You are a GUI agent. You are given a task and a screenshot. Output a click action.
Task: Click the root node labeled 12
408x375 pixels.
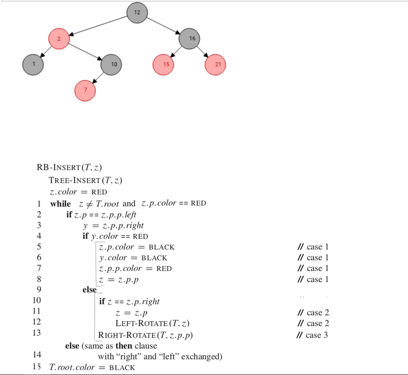(137, 12)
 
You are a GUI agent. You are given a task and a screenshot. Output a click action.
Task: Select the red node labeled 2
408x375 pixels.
(59, 39)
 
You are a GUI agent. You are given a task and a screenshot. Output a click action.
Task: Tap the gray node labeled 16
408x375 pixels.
(189, 39)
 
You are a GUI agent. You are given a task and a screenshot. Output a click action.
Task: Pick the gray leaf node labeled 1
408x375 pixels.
(33, 64)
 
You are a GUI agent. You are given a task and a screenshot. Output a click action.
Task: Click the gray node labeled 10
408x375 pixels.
(111, 64)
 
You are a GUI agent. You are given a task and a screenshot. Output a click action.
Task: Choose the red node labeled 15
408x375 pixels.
(163, 64)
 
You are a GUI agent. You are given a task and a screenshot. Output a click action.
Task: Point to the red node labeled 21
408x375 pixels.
(215, 64)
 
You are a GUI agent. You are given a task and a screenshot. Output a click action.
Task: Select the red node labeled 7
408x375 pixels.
(85, 91)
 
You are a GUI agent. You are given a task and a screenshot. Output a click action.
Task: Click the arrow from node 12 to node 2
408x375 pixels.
(98, 25)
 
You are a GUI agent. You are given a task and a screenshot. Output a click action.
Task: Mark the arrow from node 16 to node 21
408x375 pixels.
(202, 52)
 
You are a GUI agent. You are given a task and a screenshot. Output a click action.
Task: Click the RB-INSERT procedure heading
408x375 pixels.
(72, 167)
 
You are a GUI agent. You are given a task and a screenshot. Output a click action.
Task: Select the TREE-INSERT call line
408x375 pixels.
(85, 180)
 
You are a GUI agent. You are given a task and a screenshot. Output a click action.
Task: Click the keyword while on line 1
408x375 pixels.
(61, 203)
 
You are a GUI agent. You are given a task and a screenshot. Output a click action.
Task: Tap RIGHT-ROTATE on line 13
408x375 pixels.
(145, 335)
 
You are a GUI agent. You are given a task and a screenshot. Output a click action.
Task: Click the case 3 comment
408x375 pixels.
(313, 335)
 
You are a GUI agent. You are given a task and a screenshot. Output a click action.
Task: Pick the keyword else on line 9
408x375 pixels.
(89, 290)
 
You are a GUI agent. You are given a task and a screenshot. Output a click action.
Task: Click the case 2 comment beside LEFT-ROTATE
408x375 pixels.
(313, 323)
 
